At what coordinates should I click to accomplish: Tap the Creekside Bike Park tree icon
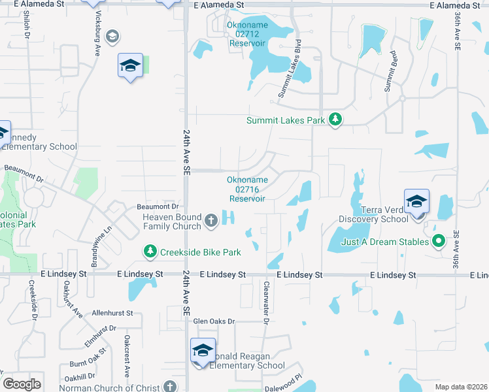coord(150,252)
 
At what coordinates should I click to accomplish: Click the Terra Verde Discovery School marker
coord(416,202)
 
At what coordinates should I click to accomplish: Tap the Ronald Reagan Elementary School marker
coord(203,351)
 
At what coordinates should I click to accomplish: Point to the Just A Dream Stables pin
coord(439,242)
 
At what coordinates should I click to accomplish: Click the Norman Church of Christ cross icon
coord(171,387)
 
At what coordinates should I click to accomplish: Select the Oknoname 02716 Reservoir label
coord(246,189)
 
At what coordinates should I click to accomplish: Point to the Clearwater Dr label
coord(266,302)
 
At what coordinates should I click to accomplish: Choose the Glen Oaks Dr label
coord(213,321)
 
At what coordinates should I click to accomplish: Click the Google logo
coord(22,384)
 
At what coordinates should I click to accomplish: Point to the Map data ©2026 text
coord(460,387)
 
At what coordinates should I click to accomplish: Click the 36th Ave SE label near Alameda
coord(456,32)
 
